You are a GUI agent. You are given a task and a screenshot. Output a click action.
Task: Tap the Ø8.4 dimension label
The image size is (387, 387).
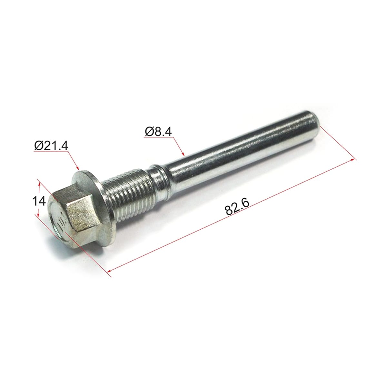tap(158, 132)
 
